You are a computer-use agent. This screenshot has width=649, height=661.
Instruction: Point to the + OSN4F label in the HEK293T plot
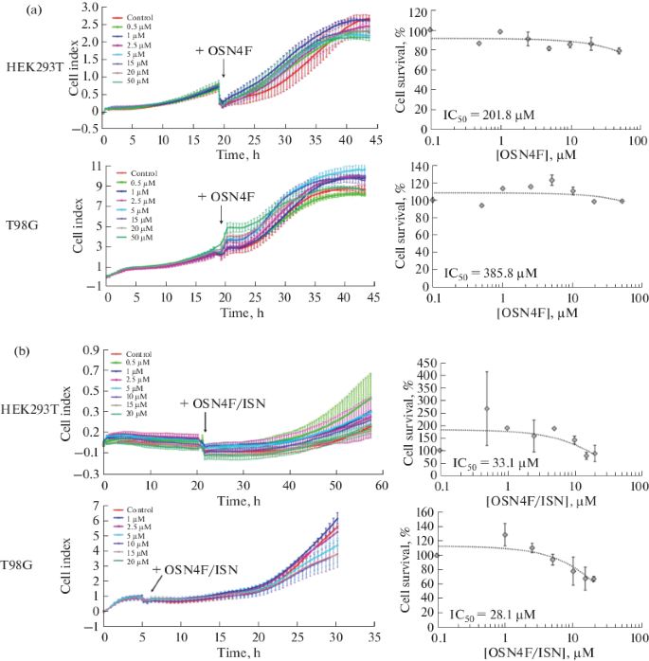coord(224,49)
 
